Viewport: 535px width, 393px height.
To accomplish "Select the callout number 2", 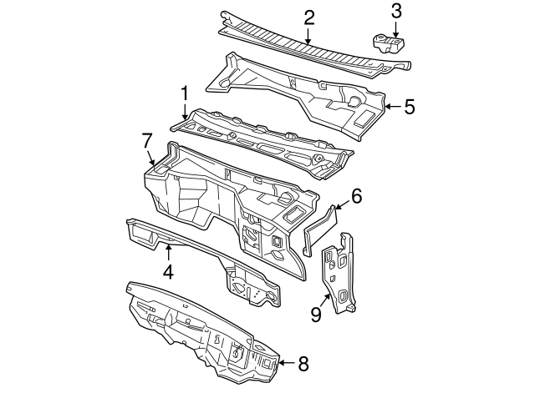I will click(308, 17).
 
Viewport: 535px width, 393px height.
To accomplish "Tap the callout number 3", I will click(396, 11).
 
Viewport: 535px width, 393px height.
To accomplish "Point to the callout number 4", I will click(168, 271).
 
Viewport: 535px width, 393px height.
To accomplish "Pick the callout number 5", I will click(409, 106).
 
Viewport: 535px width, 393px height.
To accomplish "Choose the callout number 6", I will click(356, 197).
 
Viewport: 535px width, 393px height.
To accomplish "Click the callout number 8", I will click(303, 363).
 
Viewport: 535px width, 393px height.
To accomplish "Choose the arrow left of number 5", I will click(391, 106).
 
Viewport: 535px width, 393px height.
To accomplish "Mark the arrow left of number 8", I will click(284, 363).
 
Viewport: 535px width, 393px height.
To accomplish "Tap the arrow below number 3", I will click(396, 28).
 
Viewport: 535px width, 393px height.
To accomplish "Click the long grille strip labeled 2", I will click(293, 42).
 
